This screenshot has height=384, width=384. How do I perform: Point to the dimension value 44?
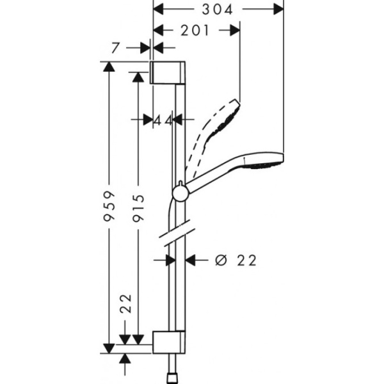(x=163, y=120)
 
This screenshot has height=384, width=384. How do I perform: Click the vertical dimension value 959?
(x=110, y=207)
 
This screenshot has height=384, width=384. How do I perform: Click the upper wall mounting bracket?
(x=168, y=73)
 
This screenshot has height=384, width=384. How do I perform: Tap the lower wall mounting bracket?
(x=169, y=342)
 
